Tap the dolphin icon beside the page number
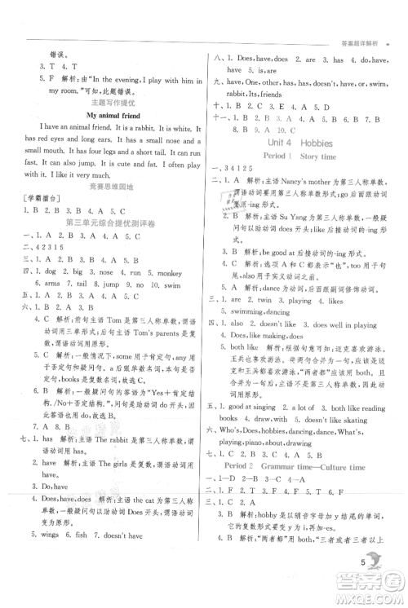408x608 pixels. pyautogui.click(x=376, y=562)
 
